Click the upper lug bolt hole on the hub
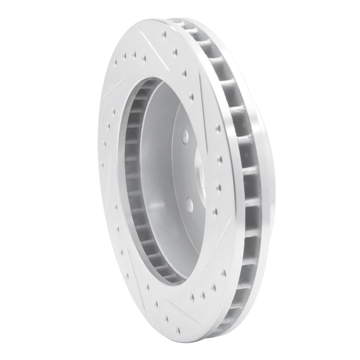185,134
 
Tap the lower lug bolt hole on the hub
189,205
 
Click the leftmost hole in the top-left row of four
116,63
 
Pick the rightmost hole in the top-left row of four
144,58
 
